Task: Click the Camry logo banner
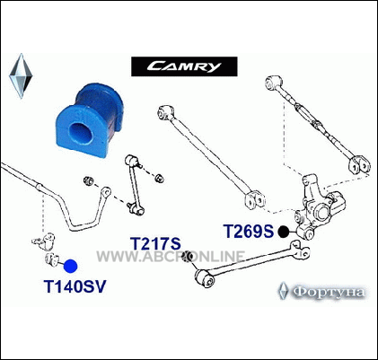point(184,66)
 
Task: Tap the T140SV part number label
point(75,286)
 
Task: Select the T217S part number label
point(155,243)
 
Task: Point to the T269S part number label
point(249,232)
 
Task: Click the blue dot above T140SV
point(71,266)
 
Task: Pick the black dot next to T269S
point(283,232)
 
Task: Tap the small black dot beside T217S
point(188,257)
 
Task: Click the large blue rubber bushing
point(90,120)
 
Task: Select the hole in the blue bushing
point(80,134)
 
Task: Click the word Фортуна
point(329,292)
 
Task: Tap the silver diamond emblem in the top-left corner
point(21,76)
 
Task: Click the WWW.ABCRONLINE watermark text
point(171,257)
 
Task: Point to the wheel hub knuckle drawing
point(321,207)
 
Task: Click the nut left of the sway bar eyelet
point(88,180)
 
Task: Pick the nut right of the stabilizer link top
point(159,179)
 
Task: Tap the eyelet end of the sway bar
point(106,192)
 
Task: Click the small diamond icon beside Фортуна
point(283,291)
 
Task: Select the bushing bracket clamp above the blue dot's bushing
point(44,241)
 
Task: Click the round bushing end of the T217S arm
point(206,278)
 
